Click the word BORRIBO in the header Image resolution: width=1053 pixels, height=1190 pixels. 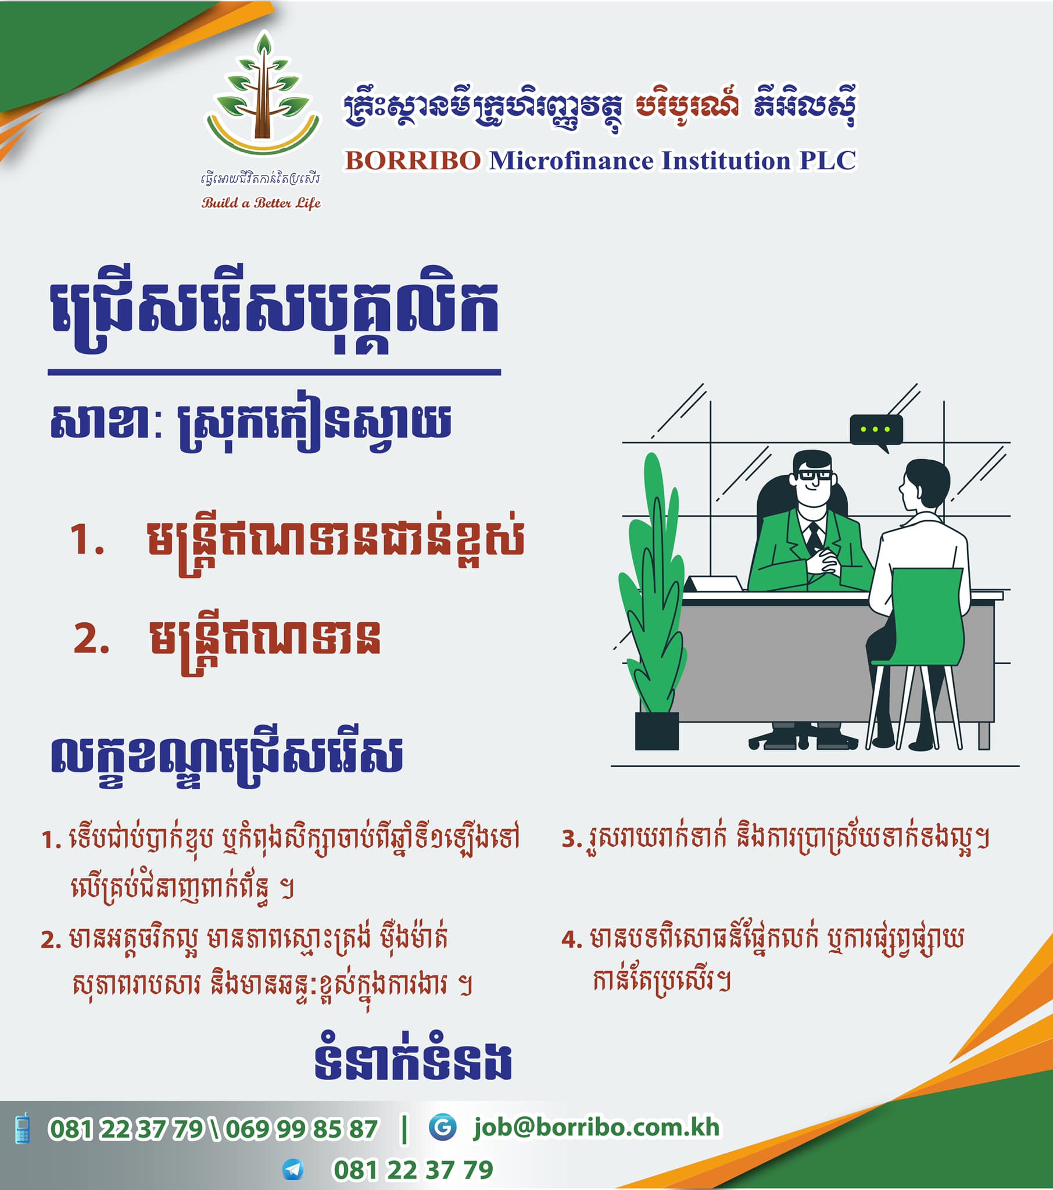[413, 161]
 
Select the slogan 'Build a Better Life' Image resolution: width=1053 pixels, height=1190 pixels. [261, 203]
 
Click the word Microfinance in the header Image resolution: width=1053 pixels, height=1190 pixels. [571, 161]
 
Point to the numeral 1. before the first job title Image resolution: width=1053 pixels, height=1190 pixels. [87, 539]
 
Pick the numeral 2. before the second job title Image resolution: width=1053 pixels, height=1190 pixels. [91, 639]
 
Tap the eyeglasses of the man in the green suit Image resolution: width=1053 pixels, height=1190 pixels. [815, 475]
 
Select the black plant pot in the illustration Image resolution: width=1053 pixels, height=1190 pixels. [656, 730]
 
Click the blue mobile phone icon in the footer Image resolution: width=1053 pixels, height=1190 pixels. [23, 1128]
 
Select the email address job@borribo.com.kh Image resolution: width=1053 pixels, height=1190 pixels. [597, 1128]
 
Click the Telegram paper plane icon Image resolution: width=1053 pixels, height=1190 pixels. [293, 1169]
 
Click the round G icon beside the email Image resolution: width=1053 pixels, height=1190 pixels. [443, 1127]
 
